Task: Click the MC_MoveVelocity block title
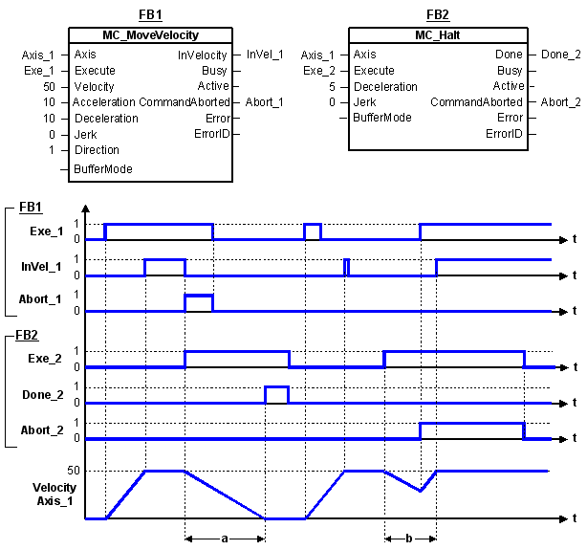[x=150, y=35]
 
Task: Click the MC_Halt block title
[x=437, y=35]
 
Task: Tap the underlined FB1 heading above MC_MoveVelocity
[x=150, y=14]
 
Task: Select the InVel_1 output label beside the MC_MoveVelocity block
[x=265, y=55]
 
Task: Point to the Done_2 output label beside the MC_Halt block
[x=561, y=55]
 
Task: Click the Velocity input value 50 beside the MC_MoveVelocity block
[x=49, y=86]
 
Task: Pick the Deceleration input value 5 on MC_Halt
[x=332, y=87]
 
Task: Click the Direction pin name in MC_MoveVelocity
[x=97, y=150]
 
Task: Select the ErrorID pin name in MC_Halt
[x=504, y=134]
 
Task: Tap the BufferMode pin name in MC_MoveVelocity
[x=103, y=169]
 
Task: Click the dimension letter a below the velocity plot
[x=225, y=539]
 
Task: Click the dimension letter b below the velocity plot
[x=409, y=539]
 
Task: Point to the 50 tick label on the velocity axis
[x=74, y=471]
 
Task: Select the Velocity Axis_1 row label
[x=54, y=495]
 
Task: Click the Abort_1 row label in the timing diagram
[x=40, y=299]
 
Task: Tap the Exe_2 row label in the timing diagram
[x=45, y=359]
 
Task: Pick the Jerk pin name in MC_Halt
[x=364, y=102]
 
